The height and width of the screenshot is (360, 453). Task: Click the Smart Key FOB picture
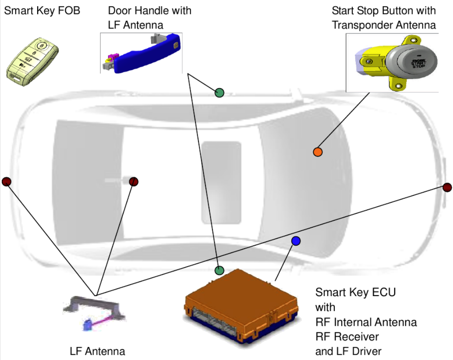tap(32, 59)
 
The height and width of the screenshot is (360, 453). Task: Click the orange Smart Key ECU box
tap(241, 302)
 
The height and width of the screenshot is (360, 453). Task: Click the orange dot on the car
tap(318, 152)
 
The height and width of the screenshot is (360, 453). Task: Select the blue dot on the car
tap(296, 240)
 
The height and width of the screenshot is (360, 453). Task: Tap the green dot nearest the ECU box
tap(219, 270)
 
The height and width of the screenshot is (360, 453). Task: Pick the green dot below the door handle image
tap(219, 92)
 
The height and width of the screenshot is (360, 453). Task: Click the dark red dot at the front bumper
tap(447, 187)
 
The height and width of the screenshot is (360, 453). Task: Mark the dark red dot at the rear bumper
tap(6, 181)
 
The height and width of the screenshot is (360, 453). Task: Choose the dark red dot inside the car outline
tap(134, 181)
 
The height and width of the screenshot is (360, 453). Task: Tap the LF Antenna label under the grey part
tap(97, 351)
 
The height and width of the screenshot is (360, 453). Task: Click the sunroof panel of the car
tap(221, 182)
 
